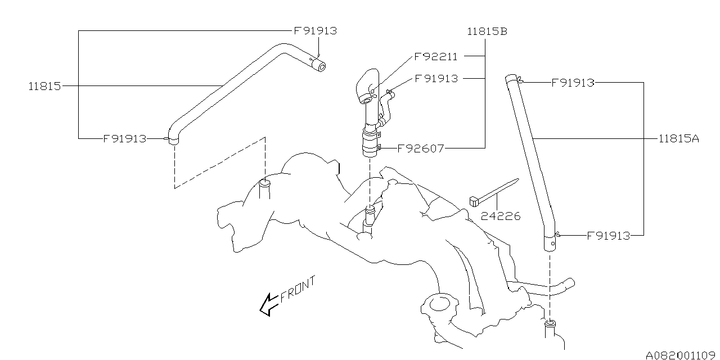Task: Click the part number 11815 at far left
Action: [x=45, y=87]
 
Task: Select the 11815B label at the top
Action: [x=487, y=31]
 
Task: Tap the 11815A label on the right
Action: [x=679, y=138]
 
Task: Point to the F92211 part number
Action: [x=436, y=57]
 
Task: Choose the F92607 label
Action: [x=421, y=149]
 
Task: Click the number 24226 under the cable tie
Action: [x=501, y=215]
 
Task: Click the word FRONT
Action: [x=298, y=289]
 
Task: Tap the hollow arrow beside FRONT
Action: [x=267, y=305]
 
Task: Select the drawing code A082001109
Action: [x=681, y=355]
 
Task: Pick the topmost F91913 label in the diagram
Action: [x=315, y=31]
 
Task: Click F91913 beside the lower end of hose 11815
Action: [x=125, y=138]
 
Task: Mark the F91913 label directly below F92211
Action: [x=436, y=79]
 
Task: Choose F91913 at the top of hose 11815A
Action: [x=573, y=83]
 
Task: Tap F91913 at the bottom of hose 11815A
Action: [x=609, y=236]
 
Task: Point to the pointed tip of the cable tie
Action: [x=516, y=180]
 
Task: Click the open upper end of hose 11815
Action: [x=321, y=67]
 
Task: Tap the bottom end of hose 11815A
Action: [x=550, y=245]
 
